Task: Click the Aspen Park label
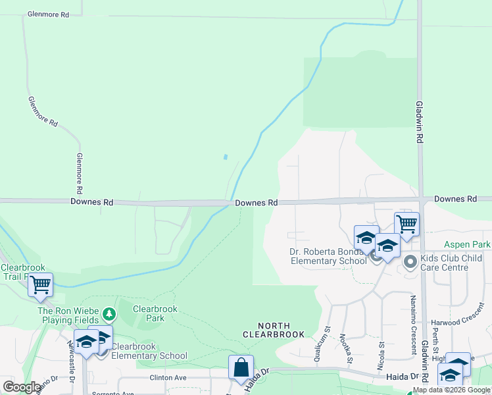467,244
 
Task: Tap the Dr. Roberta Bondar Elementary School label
328,256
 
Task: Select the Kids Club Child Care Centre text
453,263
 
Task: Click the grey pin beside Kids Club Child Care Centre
410,263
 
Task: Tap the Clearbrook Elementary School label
149,351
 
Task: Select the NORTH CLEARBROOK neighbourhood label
274,330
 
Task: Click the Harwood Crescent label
461,323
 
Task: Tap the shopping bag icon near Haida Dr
241,368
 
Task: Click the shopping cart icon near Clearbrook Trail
40,285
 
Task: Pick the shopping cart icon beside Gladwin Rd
406,224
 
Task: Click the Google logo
22,387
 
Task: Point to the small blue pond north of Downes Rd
226,157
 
